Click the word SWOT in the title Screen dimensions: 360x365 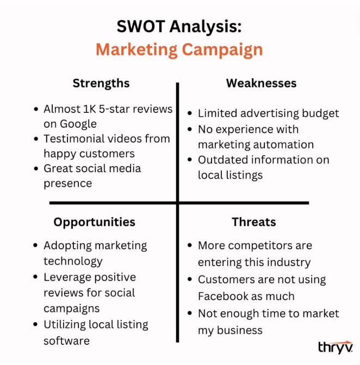tap(141, 26)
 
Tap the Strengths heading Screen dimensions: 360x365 tap(101, 84)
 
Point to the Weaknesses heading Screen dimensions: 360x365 tap(261, 83)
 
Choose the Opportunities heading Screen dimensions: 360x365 tap(95, 222)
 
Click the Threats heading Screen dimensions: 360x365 tap(254, 222)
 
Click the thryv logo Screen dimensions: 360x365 tap(336, 347)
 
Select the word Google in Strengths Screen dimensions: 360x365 tap(78, 124)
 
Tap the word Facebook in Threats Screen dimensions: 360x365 tap(224, 297)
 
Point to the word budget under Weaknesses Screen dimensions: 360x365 tap(320, 114)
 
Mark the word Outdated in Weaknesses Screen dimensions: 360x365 tap(223, 160)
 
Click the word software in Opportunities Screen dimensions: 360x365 tap(67, 341)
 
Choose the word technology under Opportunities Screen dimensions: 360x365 tap(73, 261)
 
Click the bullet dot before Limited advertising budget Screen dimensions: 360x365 tap(190, 114)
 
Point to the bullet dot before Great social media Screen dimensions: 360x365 tap(36, 168)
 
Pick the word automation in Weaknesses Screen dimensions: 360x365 tap(283, 144)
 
